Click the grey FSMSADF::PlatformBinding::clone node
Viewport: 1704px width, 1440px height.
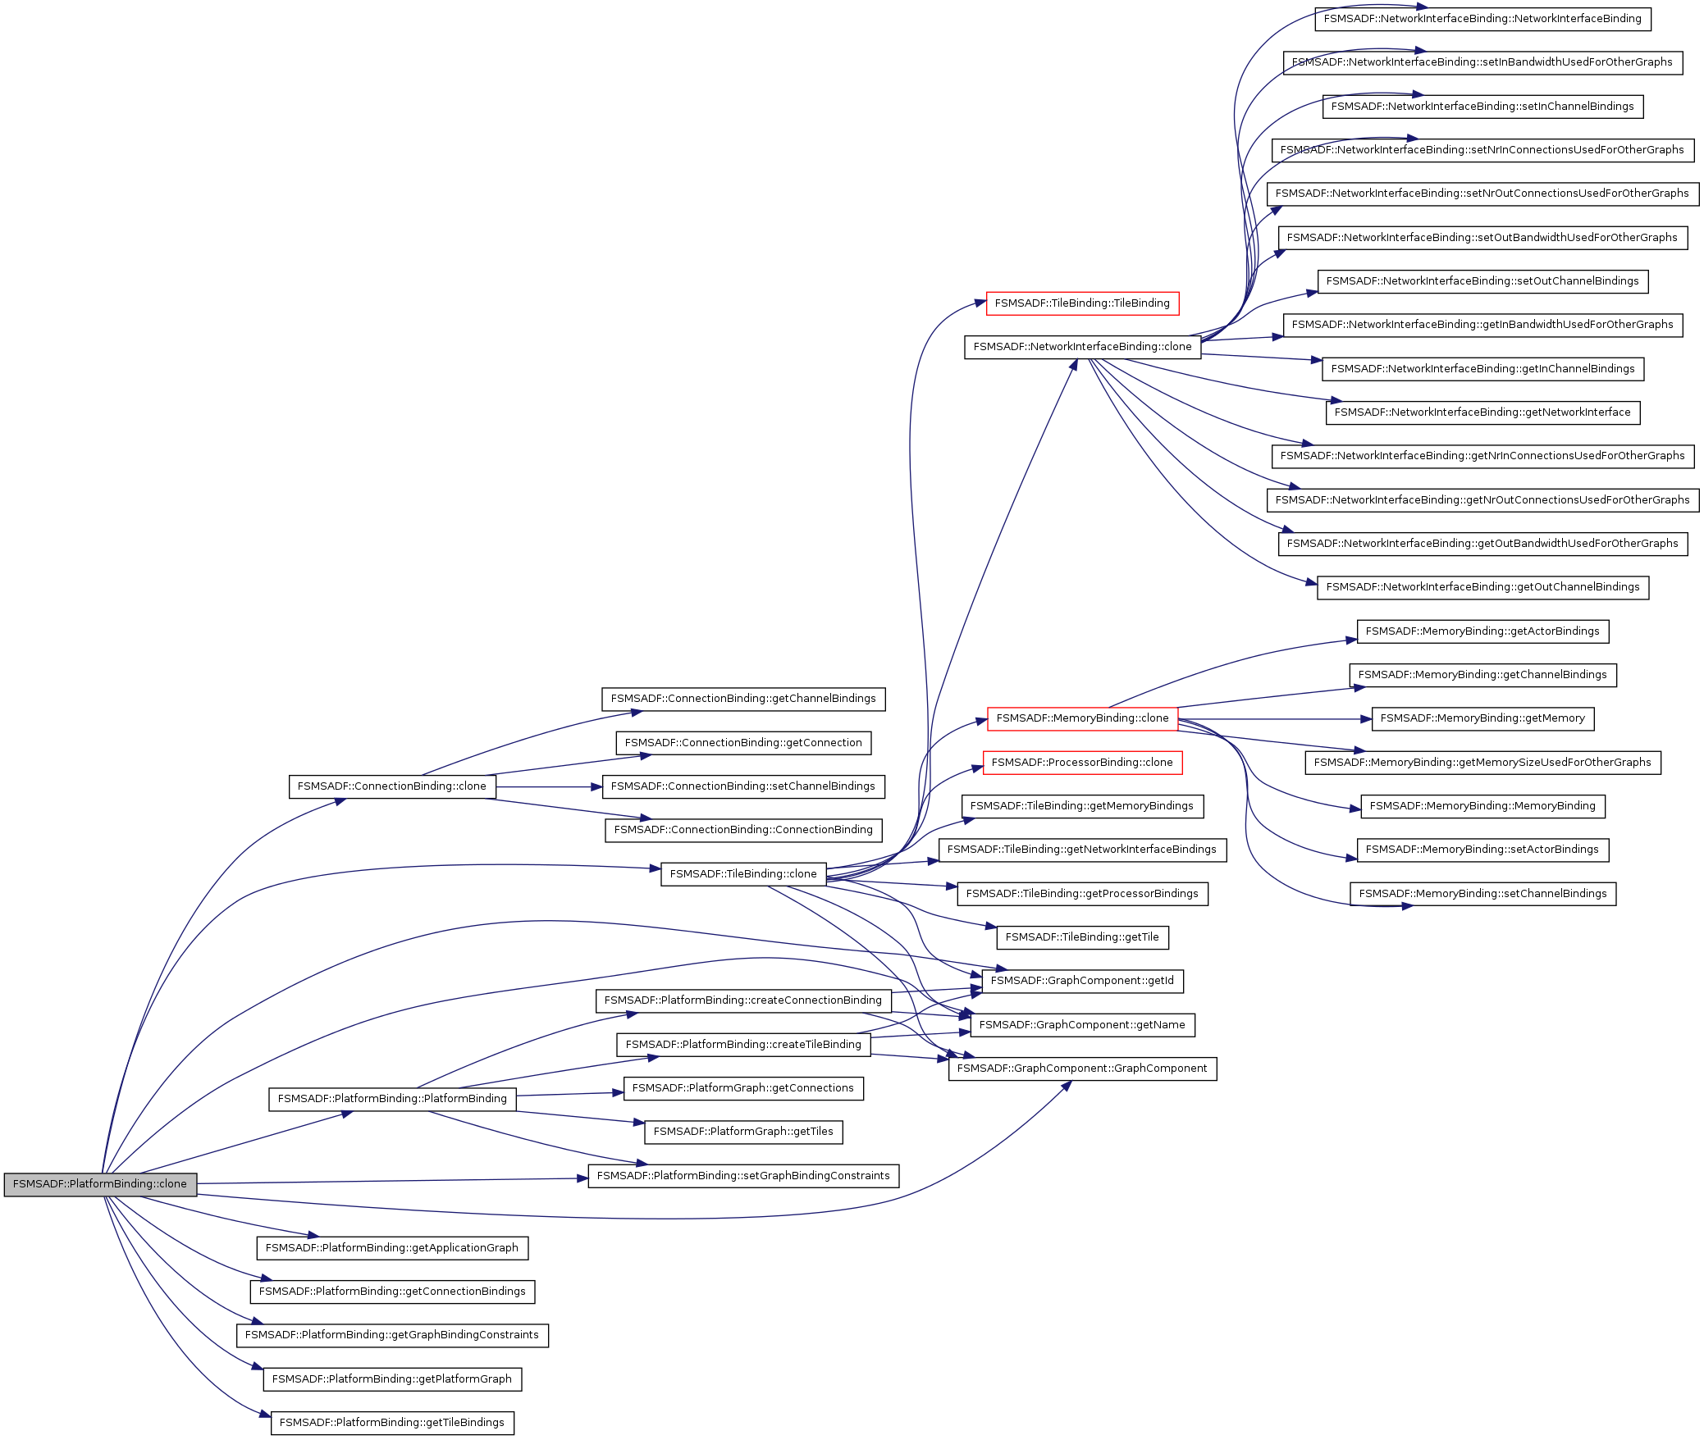[x=100, y=1184]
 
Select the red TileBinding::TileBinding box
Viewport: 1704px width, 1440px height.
[x=1082, y=303]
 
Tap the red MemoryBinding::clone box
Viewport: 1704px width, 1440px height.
[x=1082, y=718]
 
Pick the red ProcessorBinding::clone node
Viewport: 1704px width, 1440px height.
[x=1082, y=763]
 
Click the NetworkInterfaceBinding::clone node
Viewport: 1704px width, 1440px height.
[x=1082, y=347]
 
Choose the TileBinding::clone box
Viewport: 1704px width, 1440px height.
[x=743, y=874]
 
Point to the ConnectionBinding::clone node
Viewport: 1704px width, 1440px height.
[x=392, y=786]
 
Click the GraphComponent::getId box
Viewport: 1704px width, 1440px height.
[x=1082, y=981]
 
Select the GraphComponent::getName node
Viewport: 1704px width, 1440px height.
[x=1082, y=1025]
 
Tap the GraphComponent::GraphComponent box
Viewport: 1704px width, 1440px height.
[x=1082, y=1069]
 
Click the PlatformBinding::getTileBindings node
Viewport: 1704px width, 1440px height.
[x=392, y=1423]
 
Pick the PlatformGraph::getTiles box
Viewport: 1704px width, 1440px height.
[x=743, y=1132]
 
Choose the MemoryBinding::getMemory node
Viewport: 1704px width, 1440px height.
[x=1482, y=718]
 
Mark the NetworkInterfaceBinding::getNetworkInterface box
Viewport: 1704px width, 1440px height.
[x=1482, y=412]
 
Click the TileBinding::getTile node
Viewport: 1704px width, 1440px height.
[x=1082, y=937]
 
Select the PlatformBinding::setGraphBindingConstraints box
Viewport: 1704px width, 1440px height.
[x=743, y=1176]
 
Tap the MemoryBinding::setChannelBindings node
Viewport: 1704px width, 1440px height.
[x=1482, y=894]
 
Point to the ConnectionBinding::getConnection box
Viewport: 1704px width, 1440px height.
[x=743, y=743]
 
